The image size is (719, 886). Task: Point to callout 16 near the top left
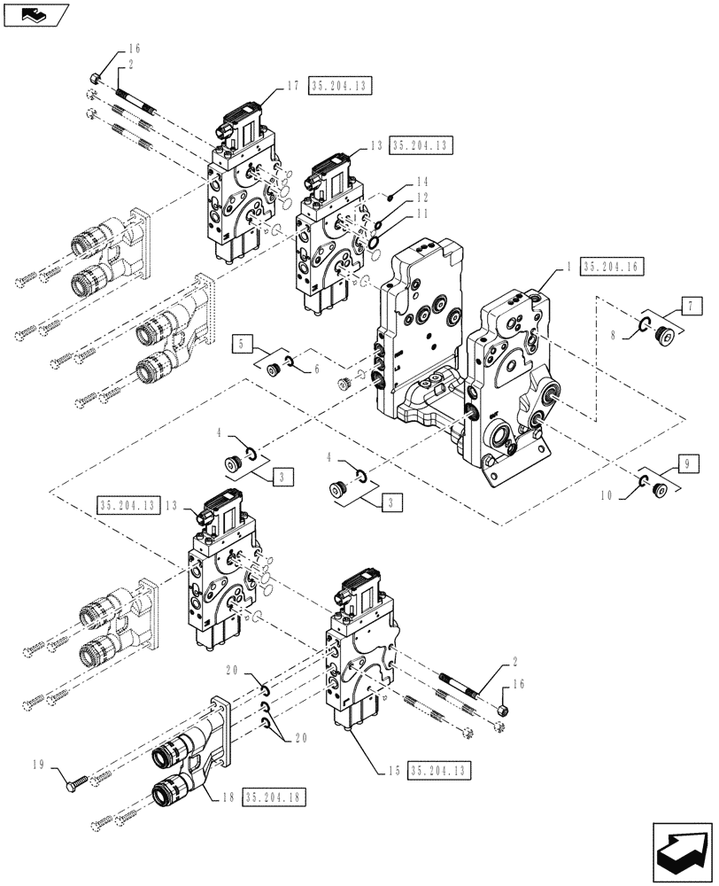tap(134, 50)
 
